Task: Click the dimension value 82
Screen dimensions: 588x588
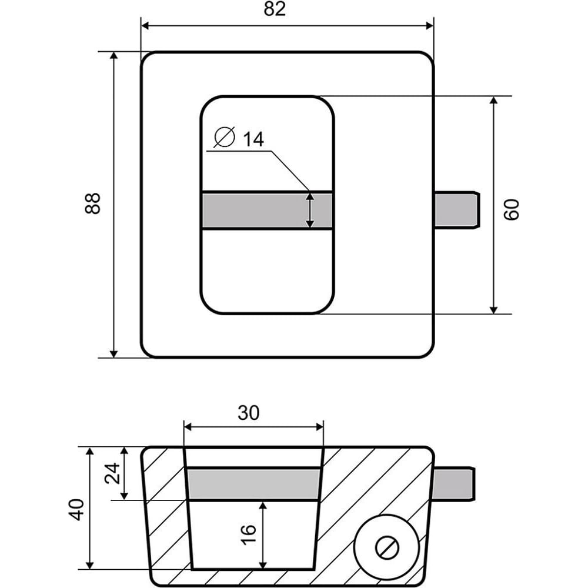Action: (x=275, y=10)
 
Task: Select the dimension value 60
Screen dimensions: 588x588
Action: (x=512, y=209)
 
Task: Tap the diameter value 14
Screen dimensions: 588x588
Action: (x=253, y=139)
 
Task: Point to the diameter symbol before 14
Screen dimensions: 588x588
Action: (x=225, y=137)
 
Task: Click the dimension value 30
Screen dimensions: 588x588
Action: (x=249, y=413)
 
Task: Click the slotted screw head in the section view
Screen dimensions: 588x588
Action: (x=387, y=547)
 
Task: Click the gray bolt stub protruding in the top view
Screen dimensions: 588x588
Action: (x=457, y=210)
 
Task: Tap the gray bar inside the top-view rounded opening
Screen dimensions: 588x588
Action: (x=259, y=210)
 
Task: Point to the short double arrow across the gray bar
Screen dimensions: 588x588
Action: (x=310, y=210)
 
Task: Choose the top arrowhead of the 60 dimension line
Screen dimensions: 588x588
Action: (x=494, y=101)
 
